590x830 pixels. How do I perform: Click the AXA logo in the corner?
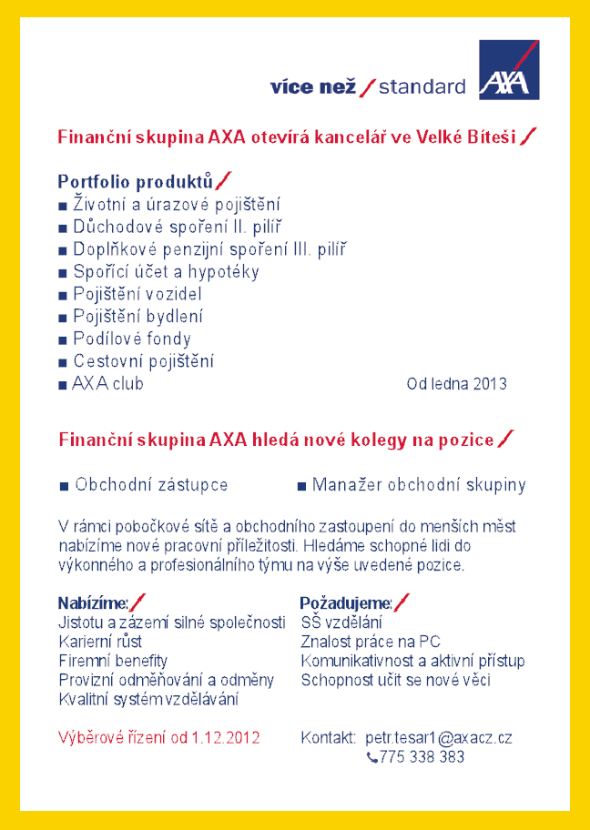(x=509, y=69)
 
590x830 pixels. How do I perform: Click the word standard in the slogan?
(x=422, y=87)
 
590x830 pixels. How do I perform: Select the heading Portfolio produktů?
(x=136, y=180)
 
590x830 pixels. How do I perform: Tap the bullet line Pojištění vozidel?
(x=137, y=294)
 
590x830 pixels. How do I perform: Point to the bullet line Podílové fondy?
(x=131, y=339)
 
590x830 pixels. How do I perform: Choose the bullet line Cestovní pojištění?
(x=142, y=361)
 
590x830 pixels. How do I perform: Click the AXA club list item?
(x=107, y=384)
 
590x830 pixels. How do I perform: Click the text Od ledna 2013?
(x=456, y=384)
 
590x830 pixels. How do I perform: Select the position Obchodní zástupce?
(x=151, y=485)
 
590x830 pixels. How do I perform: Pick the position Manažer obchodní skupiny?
(x=419, y=485)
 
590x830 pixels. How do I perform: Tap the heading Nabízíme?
(x=93, y=602)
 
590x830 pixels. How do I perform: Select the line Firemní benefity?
(x=113, y=661)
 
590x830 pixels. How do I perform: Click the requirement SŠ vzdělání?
(x=341, y=622)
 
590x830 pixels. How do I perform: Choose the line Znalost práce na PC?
(x=371, y=642)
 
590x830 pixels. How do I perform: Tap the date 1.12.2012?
(x=225, y=737)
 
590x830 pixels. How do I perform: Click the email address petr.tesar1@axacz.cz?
(x=438, y=737)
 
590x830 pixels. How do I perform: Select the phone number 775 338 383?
(x=422, y=756)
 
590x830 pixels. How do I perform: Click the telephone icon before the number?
(x=371, y=757)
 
